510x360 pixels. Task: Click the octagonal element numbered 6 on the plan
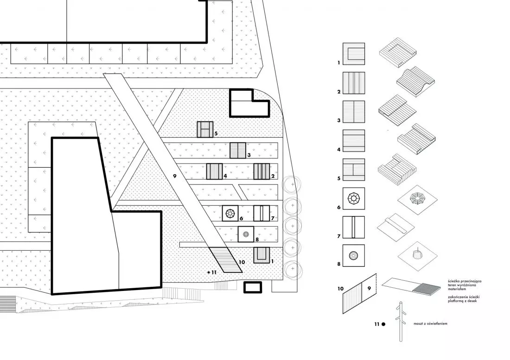230,214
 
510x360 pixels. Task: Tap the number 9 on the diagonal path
175,176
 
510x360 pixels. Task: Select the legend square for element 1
354,54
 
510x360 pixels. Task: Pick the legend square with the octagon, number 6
354,198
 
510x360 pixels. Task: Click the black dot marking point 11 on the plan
209,272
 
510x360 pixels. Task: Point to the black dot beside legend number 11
383,324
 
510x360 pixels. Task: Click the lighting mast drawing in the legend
401,322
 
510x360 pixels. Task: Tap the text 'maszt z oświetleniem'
430,323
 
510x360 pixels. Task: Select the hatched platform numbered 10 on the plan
225,260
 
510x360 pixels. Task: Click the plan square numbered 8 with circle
246,234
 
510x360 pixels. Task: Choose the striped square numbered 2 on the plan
262,171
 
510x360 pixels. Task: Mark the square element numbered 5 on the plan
205,130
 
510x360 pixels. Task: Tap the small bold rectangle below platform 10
253,287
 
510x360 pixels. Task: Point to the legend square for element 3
354,112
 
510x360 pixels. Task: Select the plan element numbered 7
262,214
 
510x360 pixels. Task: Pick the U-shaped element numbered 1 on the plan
262,255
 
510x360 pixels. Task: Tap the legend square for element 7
354,227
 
